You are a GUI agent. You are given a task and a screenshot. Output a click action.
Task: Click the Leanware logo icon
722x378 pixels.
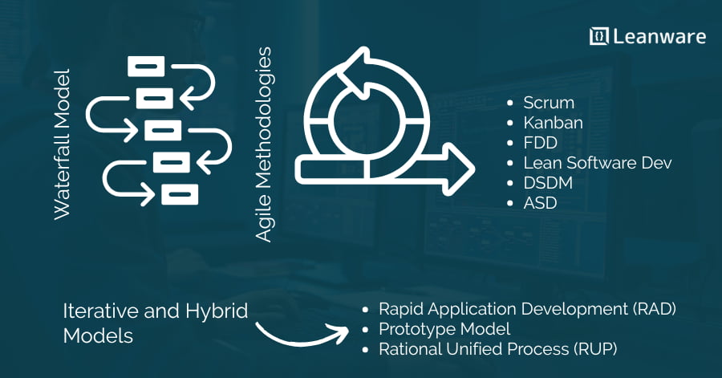click(598, 36)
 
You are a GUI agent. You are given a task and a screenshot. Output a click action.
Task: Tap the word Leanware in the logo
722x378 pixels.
click(659, 37)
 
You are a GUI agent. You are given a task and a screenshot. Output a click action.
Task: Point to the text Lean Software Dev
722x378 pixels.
click(597, 163)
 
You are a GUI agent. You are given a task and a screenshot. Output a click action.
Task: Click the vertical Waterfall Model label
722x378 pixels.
click(62, 144)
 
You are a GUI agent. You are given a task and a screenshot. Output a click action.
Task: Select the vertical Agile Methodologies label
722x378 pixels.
click(264, 144)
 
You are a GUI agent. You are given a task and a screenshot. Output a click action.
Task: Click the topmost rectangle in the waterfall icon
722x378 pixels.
click(146, 67)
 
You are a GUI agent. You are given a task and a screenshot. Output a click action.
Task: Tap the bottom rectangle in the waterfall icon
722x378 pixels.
click(180, 194)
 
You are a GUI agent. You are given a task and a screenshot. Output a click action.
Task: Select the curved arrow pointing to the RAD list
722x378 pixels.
click(302, 335)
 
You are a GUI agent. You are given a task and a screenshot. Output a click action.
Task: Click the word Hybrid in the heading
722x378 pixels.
click(217, 312)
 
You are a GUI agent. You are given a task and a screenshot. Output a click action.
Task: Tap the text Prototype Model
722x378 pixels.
click(444, 329)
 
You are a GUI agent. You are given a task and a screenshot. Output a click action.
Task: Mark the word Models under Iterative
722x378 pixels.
click(98, 335)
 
